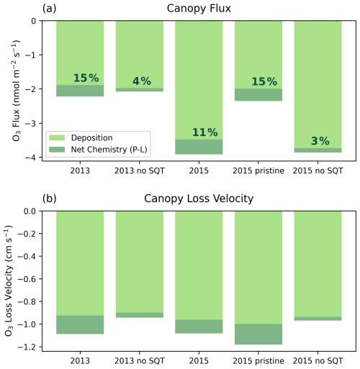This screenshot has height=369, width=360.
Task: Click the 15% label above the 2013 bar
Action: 86,78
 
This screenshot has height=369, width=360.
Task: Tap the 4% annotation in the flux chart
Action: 142,81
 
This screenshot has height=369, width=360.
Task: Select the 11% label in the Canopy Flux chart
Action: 205,132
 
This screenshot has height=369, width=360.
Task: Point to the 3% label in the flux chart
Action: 320,141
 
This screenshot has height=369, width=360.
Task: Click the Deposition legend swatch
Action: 57,137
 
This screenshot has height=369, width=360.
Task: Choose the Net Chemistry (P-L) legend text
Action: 109,150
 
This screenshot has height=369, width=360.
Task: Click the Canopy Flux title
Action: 199,9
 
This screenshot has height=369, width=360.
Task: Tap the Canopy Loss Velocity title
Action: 199,199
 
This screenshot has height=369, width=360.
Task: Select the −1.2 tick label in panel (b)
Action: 27,347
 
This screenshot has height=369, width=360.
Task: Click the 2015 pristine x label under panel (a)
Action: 258,171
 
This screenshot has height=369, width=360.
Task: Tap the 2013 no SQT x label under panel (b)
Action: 140,361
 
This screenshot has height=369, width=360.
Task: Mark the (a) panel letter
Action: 49,9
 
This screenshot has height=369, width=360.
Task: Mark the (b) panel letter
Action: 50,199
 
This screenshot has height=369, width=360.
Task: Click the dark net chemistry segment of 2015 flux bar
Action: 199,147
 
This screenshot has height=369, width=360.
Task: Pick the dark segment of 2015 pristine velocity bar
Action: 258,334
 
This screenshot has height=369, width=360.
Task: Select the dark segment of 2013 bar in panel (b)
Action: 80,324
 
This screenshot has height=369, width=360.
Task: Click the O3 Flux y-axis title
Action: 16,91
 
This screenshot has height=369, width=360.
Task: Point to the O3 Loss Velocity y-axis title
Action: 9,281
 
